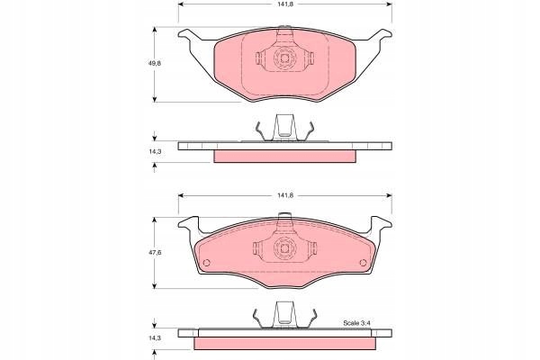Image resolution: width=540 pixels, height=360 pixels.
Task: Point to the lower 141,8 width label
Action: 284,195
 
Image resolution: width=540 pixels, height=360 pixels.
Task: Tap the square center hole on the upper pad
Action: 285,59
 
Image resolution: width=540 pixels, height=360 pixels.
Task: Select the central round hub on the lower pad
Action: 285,249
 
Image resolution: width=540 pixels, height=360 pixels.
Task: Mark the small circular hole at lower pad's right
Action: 364,264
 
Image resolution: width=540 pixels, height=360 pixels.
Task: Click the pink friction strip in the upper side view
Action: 284,156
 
